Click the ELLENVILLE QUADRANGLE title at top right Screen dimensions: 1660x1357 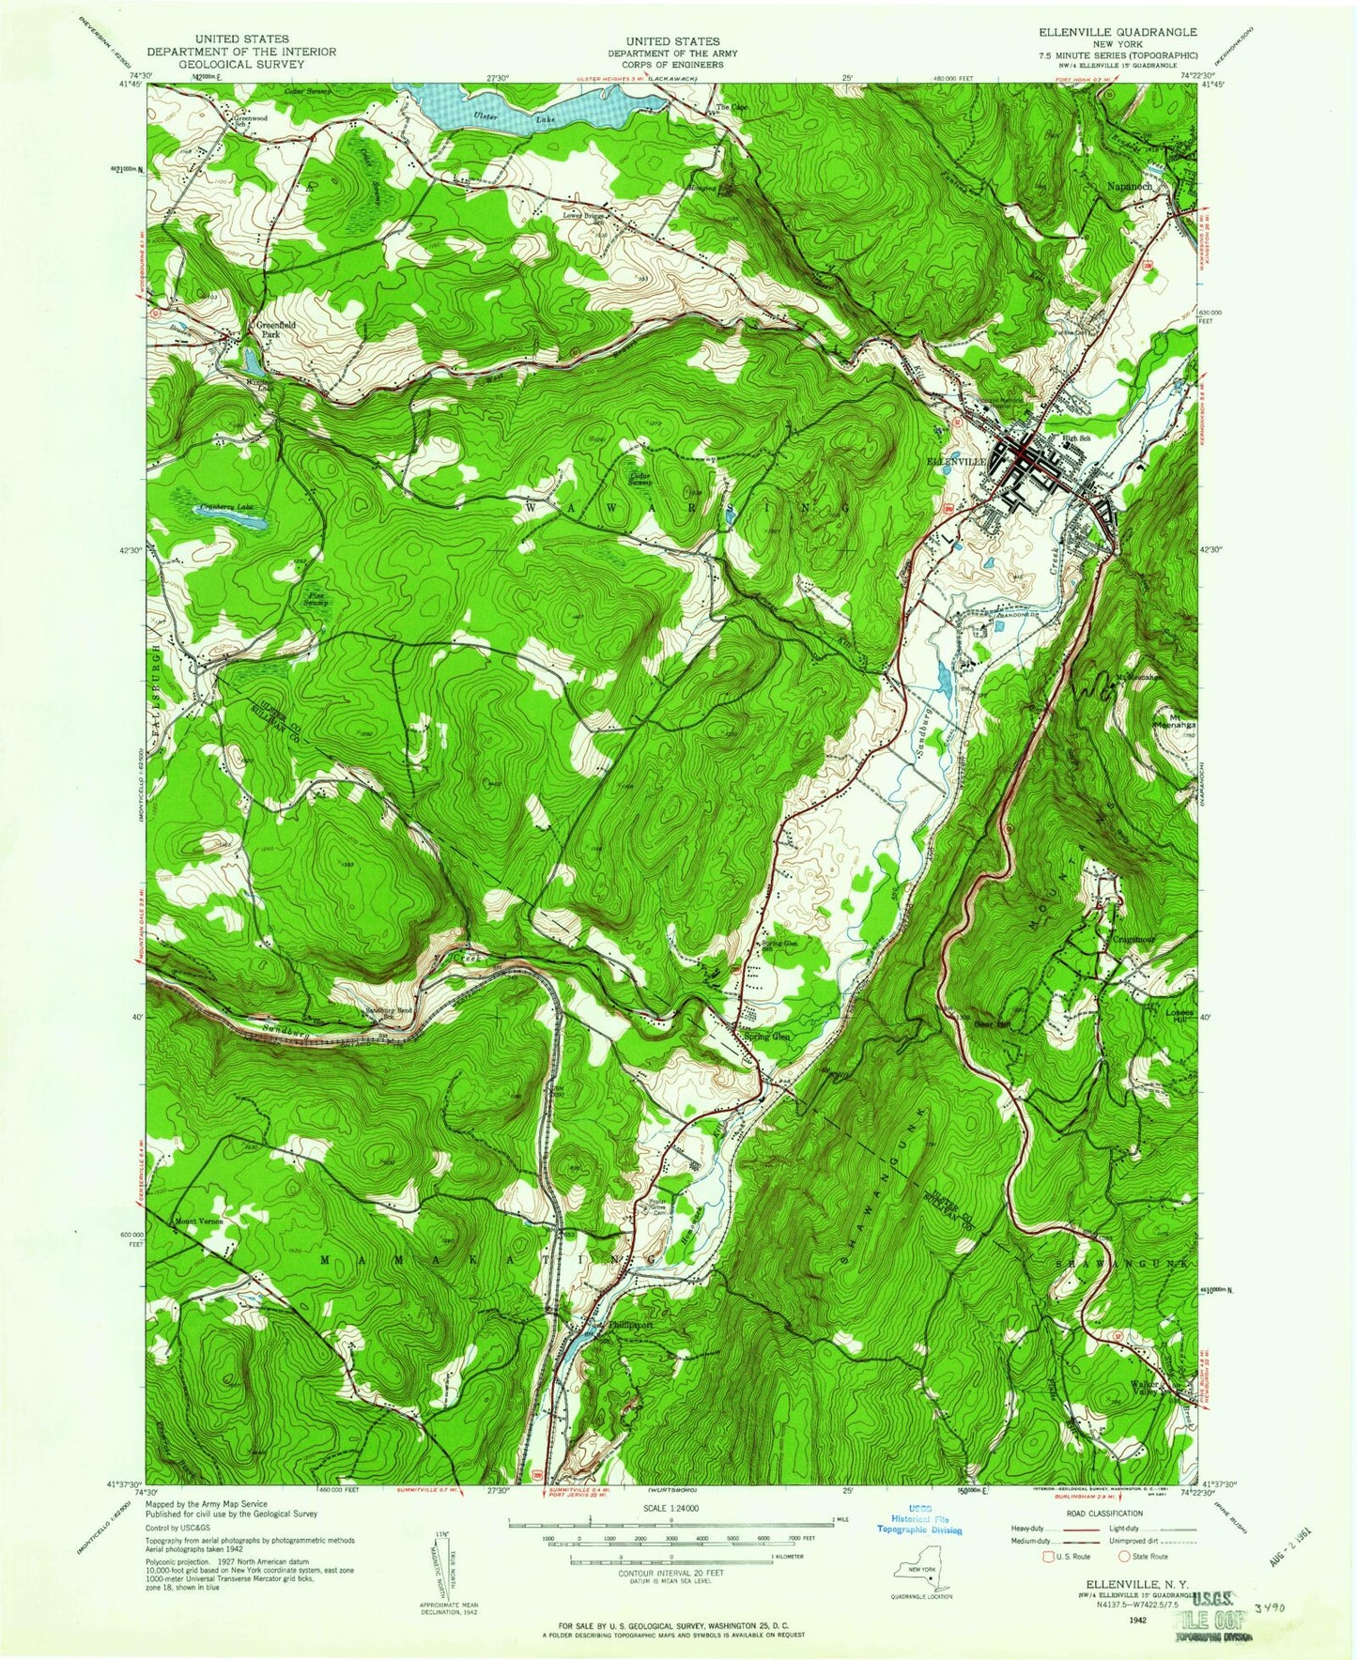tap(1118, 41)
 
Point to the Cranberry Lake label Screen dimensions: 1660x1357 tap(224, 508)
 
